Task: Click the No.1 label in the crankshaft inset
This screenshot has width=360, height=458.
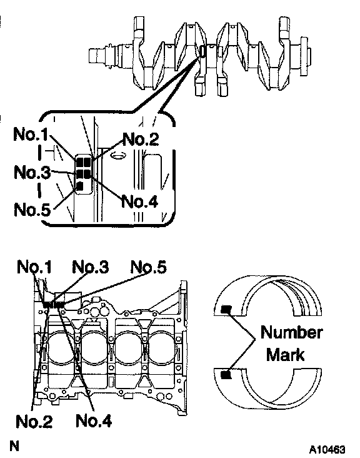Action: tap(31, 135)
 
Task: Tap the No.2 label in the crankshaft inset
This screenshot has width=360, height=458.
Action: tap(141, 139)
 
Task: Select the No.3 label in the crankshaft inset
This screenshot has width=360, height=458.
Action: tap(32, 172)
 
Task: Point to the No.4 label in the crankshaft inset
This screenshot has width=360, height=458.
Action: tap(139, 201)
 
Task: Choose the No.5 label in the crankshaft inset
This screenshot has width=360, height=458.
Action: tap(32, 210)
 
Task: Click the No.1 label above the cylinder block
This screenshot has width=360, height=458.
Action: tap(34, 267)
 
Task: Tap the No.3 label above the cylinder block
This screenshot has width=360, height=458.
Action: tap(91, 267)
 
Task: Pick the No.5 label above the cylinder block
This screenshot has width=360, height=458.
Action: tap(149, 267)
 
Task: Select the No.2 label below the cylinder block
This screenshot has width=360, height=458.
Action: tap(34, 421)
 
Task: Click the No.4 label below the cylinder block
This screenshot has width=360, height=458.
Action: tap(94, 421)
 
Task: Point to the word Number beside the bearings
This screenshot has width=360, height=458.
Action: tap(291, 332)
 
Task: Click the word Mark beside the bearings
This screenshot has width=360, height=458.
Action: tap(286, 355)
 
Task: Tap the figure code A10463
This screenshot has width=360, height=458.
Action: tap(327, 449)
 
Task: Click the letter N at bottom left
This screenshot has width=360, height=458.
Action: tap(14, 446)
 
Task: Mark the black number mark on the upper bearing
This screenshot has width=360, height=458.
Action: tap(226, 309)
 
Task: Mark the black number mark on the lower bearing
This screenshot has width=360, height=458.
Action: tap(226, 374)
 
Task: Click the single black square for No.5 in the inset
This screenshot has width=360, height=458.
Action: tap(79, 186)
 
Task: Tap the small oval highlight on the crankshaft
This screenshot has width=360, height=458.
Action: tap(202, 52)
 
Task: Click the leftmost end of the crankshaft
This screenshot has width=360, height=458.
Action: tap(89, 56)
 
